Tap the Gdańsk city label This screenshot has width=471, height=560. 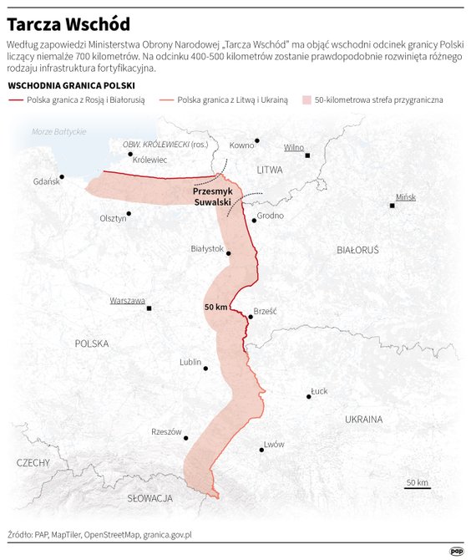click(46, 182)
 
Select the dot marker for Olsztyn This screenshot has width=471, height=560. click(129, 212)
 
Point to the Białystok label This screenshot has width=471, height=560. click(207, 248)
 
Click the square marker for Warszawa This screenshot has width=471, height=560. click(149, 308)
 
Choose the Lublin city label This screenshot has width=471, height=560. click(190, 362)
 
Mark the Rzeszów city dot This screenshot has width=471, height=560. click(185, 437)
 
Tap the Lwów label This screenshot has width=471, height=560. click(274, 444)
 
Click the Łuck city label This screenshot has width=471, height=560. click(319, 390)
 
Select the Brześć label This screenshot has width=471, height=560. click(265, 310)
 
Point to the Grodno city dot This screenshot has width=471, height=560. click(254, 220)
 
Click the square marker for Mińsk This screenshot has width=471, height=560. click(392, 205)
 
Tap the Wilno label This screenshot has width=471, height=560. click(294, 147)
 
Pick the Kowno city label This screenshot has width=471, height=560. click(241, 145)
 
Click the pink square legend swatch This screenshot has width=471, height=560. click(307, 99)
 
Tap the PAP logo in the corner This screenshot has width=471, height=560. click(457, 550)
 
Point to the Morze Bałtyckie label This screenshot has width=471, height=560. click(59, 132)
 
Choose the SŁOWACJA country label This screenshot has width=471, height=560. click(149, 498)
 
